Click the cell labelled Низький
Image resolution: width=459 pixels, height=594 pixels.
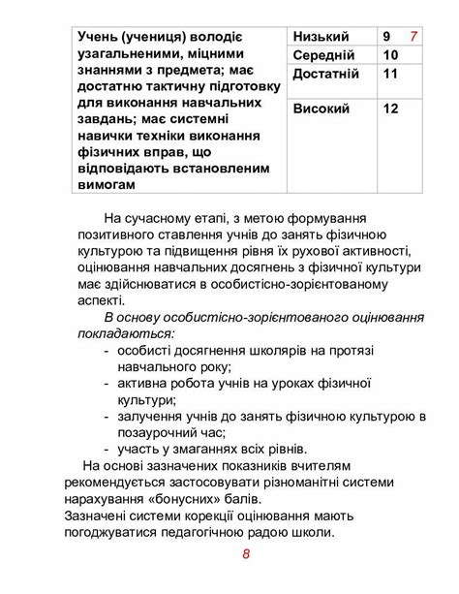pyautogui.click(x=320, y=37)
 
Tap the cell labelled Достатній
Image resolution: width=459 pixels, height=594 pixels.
pyautogui.click(x=326, y=74)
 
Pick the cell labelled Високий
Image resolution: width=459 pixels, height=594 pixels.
pyautogui.click(x=321, y=109)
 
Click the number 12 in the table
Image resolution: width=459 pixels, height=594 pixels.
pyautogui.click(x=391, y=109)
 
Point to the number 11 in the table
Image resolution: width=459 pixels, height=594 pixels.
pyautogui.click(x=390, y=74)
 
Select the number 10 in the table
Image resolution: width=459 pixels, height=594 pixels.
pyautogui.click(x=391, y=55)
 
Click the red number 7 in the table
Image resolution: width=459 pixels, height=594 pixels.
pyautogui.click(x=413, y=37)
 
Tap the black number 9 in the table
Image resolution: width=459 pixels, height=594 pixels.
pyautogui.click(x=387, y=37)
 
